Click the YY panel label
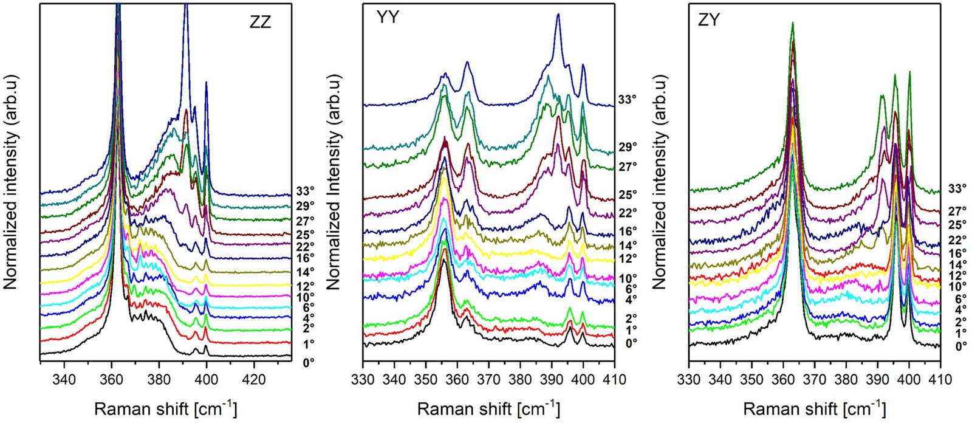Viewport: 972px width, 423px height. [x=388, y=18]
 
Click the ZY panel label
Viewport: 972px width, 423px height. [x=708, y=19]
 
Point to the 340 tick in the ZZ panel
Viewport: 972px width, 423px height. [x=64, y=380]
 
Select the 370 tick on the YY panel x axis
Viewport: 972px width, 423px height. [x=489, y=380]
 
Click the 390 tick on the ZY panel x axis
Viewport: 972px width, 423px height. [x=878, y=380]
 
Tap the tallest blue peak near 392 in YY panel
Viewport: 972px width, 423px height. [x=558, y=16]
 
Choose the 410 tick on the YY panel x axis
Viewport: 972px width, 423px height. [x=614, y=380]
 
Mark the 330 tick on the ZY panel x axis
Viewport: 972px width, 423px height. [x=689, y=380]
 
